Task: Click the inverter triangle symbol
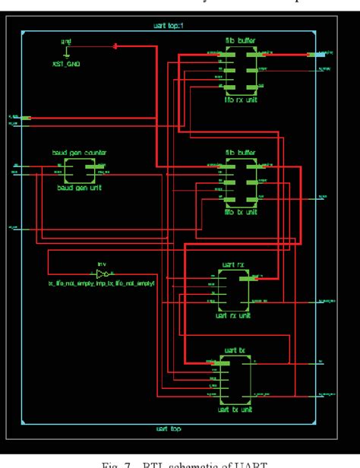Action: pyautogui.click(x=103, y=272)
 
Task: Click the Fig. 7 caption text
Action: pyautogui.click(x=180, y=460)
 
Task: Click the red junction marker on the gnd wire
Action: pyautogui.click(x=115, y=46)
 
